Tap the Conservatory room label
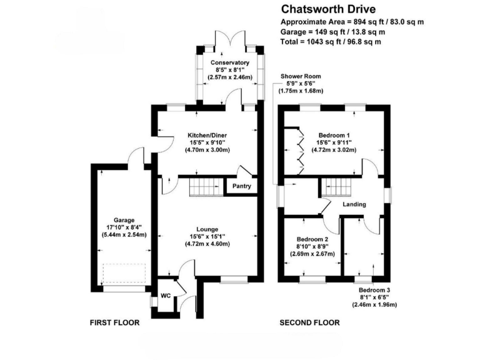pyautogui.click(x=229, y=63)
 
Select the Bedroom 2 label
pyautogui.click(x=312, y=239)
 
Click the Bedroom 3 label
pyautogui.click(x=374, y=291)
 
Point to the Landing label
pyautogui.click(x=354, y=205)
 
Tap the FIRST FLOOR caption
pyautogui.click(x=114, y=322)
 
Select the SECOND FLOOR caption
pyautogui.click(x=309, y=322)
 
